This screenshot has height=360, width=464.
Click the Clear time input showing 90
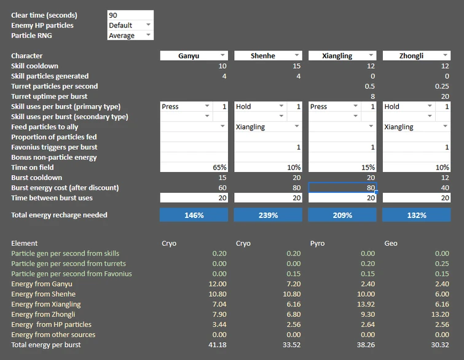130,15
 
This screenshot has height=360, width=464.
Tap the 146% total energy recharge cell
194,215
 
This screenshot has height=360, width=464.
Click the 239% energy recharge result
268,215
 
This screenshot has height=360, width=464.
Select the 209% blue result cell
342,215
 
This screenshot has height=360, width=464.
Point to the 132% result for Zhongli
416,215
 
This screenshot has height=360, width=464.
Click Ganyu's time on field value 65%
194,167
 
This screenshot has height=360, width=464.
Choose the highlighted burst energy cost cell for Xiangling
342,187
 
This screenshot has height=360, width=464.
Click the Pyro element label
317,243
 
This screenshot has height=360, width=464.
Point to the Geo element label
390,243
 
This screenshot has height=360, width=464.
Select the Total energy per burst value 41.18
214,345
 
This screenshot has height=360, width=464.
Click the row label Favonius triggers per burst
54,147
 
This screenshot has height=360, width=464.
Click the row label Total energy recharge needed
59,215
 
